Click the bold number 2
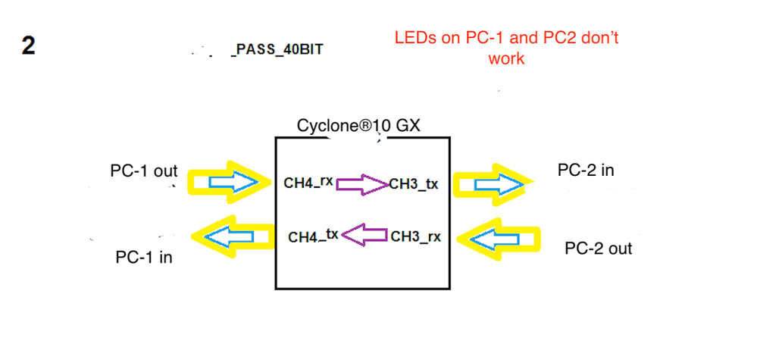tap(27, 45)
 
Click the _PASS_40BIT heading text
tap(277, 52)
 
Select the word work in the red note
tap(506, 58)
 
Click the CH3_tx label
tap(413, 184)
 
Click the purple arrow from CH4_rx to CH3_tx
tap(361, 183)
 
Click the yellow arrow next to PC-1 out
tap(231, 181)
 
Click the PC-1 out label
tap(144, 171)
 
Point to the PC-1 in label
tap(144, 258)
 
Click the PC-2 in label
tap(586, 171)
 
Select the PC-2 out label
tap(599, 249)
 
